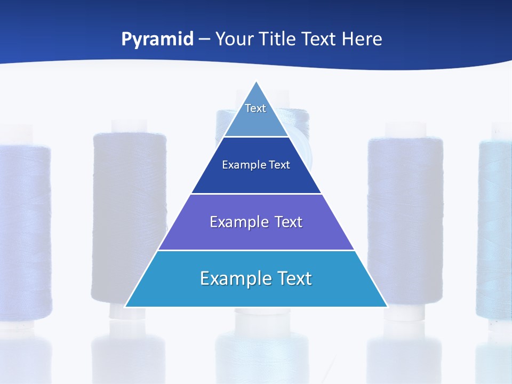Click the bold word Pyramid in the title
(157, 39)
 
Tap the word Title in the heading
(279, 39)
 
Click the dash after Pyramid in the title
(204, 39)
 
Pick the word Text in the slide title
(320, 39)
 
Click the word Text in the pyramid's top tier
(255, 108)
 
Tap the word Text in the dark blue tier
(280, 165)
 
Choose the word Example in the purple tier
(234, 222)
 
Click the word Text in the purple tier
(289, 222)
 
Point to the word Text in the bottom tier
(294, 278)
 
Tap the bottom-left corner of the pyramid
(125, 307)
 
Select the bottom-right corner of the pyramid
(388, 307)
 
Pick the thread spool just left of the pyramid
(128, 213)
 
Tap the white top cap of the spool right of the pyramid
(406, 130)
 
